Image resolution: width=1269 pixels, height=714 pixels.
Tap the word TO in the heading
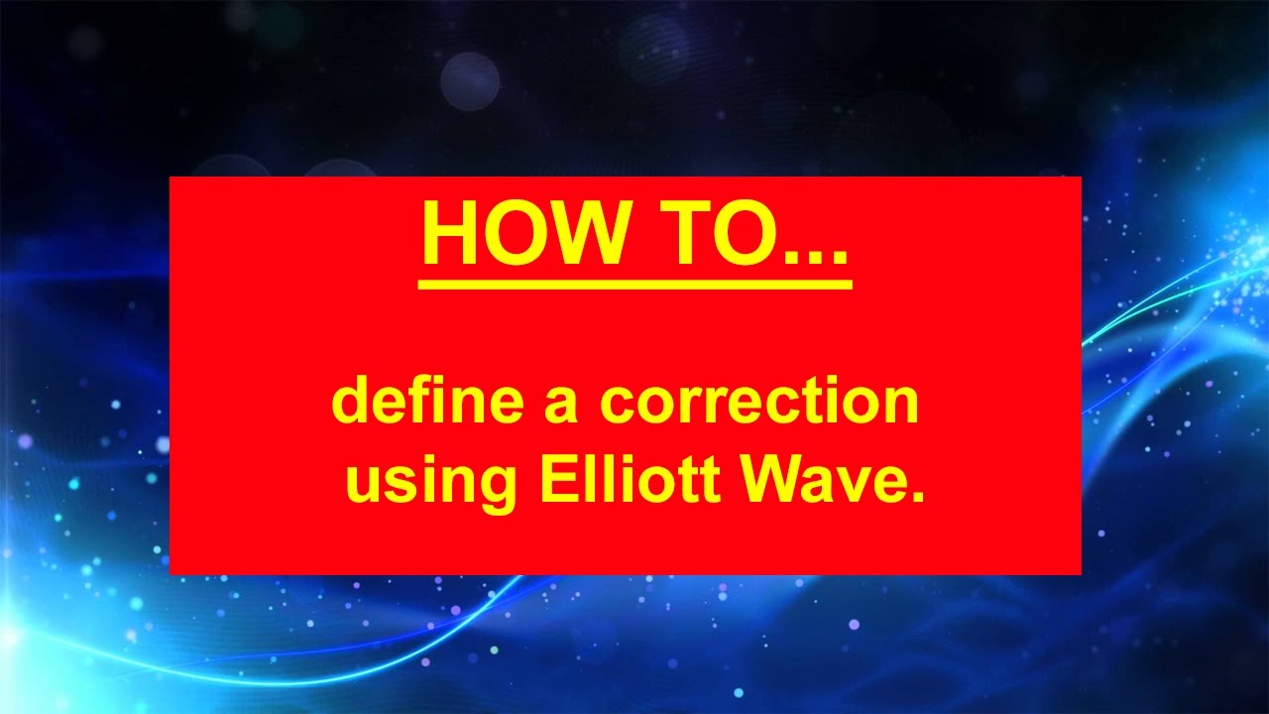(x=714, y=235)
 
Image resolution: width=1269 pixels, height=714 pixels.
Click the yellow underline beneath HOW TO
(x=634, y=285)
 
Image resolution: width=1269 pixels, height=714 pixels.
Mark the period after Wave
(x=917, y=496)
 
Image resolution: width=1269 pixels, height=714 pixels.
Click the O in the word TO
(x=744, y=235)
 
